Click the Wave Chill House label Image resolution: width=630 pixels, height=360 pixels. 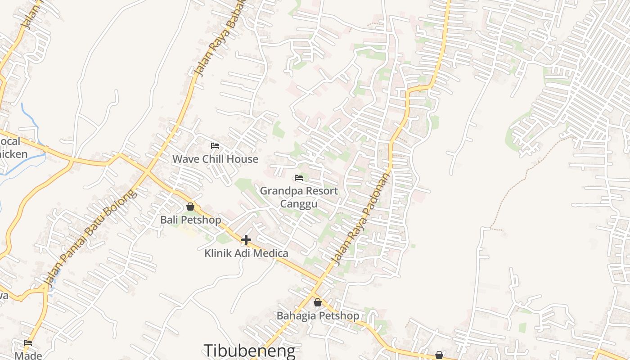pyautogui.click(x=215, y=159)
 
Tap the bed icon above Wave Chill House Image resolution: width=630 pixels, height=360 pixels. pyautogui.click(x=215, y=146)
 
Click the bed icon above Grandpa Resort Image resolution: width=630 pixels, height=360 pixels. pyautogui.click(x=299, y=178)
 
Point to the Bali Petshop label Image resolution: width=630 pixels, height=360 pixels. pyautogui.click(x=191, y=220)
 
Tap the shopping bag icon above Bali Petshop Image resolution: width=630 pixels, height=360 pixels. pyautogui.click(x=190, y=207)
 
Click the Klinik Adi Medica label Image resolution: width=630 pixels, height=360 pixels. pyautogui.click(x=246, y=253)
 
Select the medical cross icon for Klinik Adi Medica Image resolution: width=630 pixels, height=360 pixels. pyautogui.click(x=246, y=240)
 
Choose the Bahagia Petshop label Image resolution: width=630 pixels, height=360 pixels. pyautogui.click(x=318, y=315)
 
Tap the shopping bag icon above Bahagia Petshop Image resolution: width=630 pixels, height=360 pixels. pyautogui.click(x=318, y=302)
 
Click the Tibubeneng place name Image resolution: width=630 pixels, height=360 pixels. pyautogui.click(x=250, y=351)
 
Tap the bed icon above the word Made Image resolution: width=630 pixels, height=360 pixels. pyautogui.click(x=28, y=343)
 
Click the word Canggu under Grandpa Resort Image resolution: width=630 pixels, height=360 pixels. pyautogui.click(x=299, y=204)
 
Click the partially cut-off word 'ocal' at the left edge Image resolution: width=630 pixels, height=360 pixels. pyautogui.click(x=10, y=141)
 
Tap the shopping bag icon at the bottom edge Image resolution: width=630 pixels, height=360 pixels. pyautogui.click(x=439, y=355)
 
